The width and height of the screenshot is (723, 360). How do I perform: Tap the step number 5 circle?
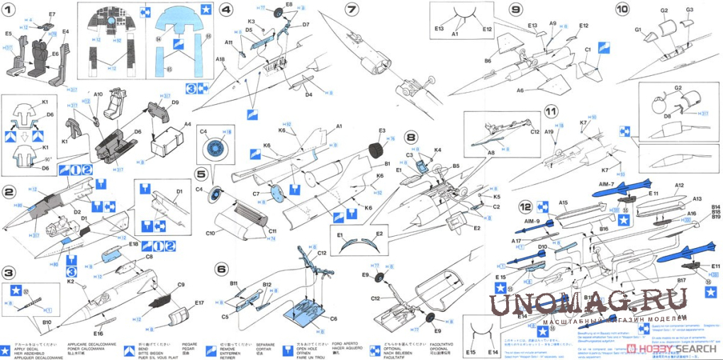point(201,173)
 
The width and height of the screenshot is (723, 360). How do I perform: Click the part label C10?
point(211,232)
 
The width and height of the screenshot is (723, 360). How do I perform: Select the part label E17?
point(198,303)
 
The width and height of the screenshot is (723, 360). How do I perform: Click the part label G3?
point(690,10)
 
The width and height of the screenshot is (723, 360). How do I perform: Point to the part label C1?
point(588,49)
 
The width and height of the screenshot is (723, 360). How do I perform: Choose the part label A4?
point(187,124)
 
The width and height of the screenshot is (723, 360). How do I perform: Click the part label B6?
point(488,62)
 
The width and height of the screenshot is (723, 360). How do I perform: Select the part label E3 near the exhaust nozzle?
point(382,130)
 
